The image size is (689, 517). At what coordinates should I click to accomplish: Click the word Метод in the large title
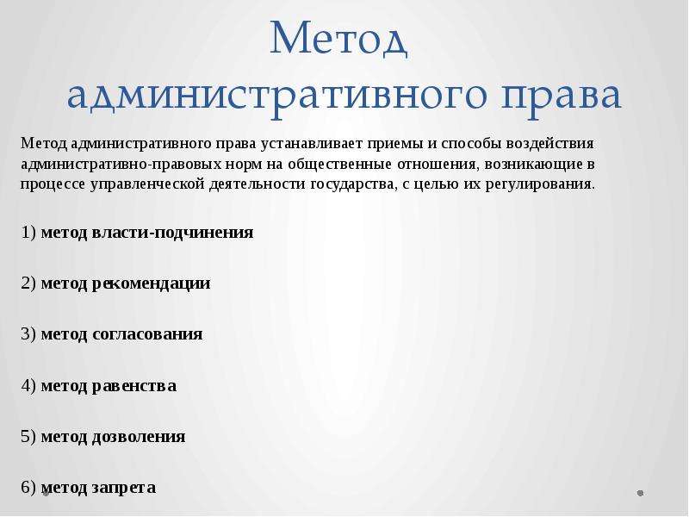coord(338,38)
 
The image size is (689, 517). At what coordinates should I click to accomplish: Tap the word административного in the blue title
coord(277,96)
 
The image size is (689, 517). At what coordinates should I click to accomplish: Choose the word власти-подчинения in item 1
coord(173,233)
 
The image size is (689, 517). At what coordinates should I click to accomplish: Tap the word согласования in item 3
coord(147,334)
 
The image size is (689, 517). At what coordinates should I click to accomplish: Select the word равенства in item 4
coord(134,386)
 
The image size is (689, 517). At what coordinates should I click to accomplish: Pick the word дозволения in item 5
coord(139,437)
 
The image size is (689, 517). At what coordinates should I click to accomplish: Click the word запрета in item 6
coord(124,488)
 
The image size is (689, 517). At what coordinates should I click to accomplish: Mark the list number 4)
coord(28,386)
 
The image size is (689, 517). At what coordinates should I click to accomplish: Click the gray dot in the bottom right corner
coord(640,493)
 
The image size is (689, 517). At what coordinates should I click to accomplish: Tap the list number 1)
coord(28,233)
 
